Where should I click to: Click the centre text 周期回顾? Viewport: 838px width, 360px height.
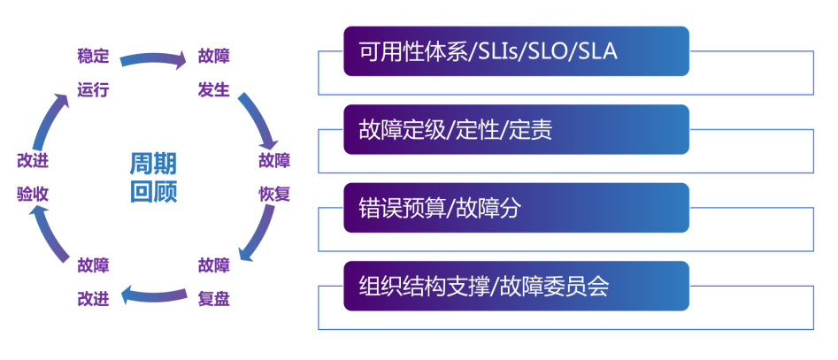[153, 177]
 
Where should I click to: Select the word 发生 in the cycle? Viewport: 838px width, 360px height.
[214, 90]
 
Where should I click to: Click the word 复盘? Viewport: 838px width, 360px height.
[214, 299]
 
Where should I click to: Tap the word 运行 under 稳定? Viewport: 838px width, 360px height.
[93, 90]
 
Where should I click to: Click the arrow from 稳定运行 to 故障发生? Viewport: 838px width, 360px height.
[153, 59]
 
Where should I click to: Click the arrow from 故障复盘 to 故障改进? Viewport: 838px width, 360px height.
[153, 294]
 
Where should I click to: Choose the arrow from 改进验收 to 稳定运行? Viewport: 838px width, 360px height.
[49, 119]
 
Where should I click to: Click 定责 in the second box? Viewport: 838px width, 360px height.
[531, 130]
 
